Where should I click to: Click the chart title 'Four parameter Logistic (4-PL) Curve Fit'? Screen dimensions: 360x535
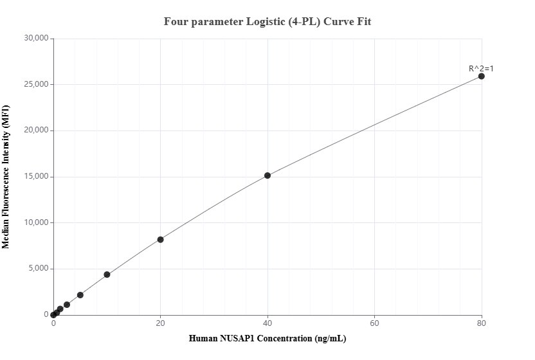click(x=267, y=21)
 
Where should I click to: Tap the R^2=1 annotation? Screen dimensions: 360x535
click(x=481, y=68)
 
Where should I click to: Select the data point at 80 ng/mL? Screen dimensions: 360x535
click(x=481, y=76)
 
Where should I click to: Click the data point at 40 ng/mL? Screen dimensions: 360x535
click(x=267, y=175)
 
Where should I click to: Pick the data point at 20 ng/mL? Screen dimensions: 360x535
click(x=160, y=240)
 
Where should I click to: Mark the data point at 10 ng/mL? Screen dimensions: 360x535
click(x=107, y=274)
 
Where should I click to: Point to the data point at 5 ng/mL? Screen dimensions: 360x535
click(x=80, y=295)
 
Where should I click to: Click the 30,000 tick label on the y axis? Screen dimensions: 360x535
click(x=36, y=39)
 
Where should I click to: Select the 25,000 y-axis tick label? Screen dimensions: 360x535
click(x=36, y=84)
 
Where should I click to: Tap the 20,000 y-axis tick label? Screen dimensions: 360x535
click(x=36, y=130)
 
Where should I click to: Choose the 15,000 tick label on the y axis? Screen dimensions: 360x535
click(x=36, y=177)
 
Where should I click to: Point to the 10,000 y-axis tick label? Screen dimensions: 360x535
click(x=36, y=222)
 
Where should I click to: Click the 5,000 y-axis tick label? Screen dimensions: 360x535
click(x=38, y=269)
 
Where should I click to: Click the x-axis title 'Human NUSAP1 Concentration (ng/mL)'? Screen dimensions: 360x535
click(x=267, y=338)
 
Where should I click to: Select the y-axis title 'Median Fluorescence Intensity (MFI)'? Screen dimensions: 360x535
click(x=6, y=177)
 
